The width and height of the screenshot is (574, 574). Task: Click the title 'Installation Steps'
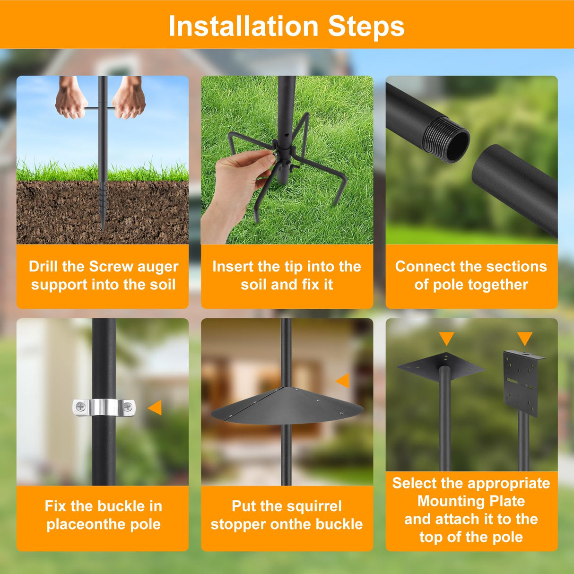pyautogui.click(x=287, y=26)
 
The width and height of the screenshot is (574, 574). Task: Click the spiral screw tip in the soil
pyautogui.click(x=103, y=208)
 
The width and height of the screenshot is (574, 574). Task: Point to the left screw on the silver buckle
pyautogui.click(x=80, y=406)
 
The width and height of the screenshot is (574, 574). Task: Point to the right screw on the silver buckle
pyautogui.click(x=127, y=406)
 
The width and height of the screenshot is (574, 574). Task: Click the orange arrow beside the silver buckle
pyautogui.click(x=155, y=407)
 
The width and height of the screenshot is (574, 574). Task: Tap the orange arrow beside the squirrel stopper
pyautogui.click(x=343, y=380)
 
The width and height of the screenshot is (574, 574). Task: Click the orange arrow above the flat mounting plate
pyautogui.click(x=446, y=338)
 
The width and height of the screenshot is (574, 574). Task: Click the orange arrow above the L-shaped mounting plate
pyautogui.click(x=524, y=338)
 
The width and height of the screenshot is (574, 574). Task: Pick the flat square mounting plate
pyautogui.click(x=441, y=366)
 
